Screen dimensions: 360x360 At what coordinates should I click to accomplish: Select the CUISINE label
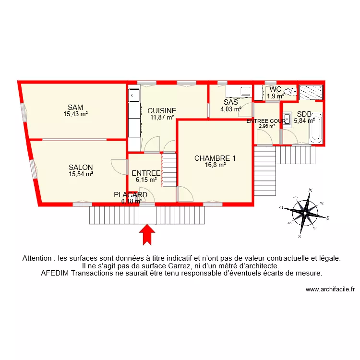pos(162,110)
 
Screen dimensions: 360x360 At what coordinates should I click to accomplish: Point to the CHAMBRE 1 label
pos(215,158)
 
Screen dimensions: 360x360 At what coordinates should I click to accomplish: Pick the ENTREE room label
pos(146,173)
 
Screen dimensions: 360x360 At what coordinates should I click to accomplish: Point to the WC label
pos(275,89)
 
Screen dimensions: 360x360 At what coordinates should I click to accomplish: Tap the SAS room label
pos(231,102)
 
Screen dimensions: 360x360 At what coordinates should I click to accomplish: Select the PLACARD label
pos(130,195)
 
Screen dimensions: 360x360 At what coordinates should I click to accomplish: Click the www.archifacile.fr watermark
pos(330,289)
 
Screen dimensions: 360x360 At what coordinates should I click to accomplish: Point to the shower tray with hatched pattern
pos(311,91)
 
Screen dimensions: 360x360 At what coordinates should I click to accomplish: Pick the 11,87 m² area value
pos(162,117)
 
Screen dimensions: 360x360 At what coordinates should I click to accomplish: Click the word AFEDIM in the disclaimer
pos(56,274)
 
